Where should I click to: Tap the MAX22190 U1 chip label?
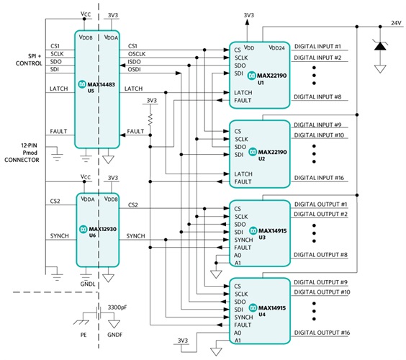tap(268, 78)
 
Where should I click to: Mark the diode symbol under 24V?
tap(377, 46)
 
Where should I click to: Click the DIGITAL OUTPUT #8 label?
tap(319, 255)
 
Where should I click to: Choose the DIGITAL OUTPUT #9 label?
tap(319, 282)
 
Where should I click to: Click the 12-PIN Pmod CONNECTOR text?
tap(22, 153)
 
